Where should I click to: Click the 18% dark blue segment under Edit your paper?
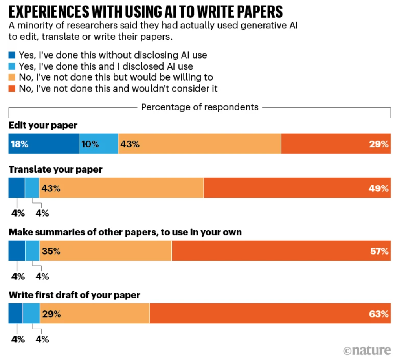[x=44, y=143]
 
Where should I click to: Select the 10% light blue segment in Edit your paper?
[x=99, y=143]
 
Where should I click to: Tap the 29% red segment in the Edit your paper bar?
[x=336, y=143]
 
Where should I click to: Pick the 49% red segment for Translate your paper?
[x=298, y=188]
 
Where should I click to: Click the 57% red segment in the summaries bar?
[x=281, y=251]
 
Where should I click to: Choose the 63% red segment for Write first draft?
[x=270, y=313]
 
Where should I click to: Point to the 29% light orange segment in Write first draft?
[x=95, y=313]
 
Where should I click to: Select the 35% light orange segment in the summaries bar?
[x=106, y=251]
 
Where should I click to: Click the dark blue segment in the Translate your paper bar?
[x=17, y=188]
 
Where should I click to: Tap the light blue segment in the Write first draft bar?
[x=31, y=313]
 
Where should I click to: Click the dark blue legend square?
[x=12, y=55]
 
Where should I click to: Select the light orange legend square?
[x=12, y=77]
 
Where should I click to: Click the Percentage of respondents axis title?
[x=200, y=107]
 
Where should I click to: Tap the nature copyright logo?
[x=367, y=350]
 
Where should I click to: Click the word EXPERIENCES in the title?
[x=49, y=11]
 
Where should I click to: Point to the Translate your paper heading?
[x=55, y=169]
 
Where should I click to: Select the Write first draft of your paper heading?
[x=74, y=295]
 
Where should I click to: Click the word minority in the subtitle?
[x=38, y=26]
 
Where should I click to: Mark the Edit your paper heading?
[x=43, y=125]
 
